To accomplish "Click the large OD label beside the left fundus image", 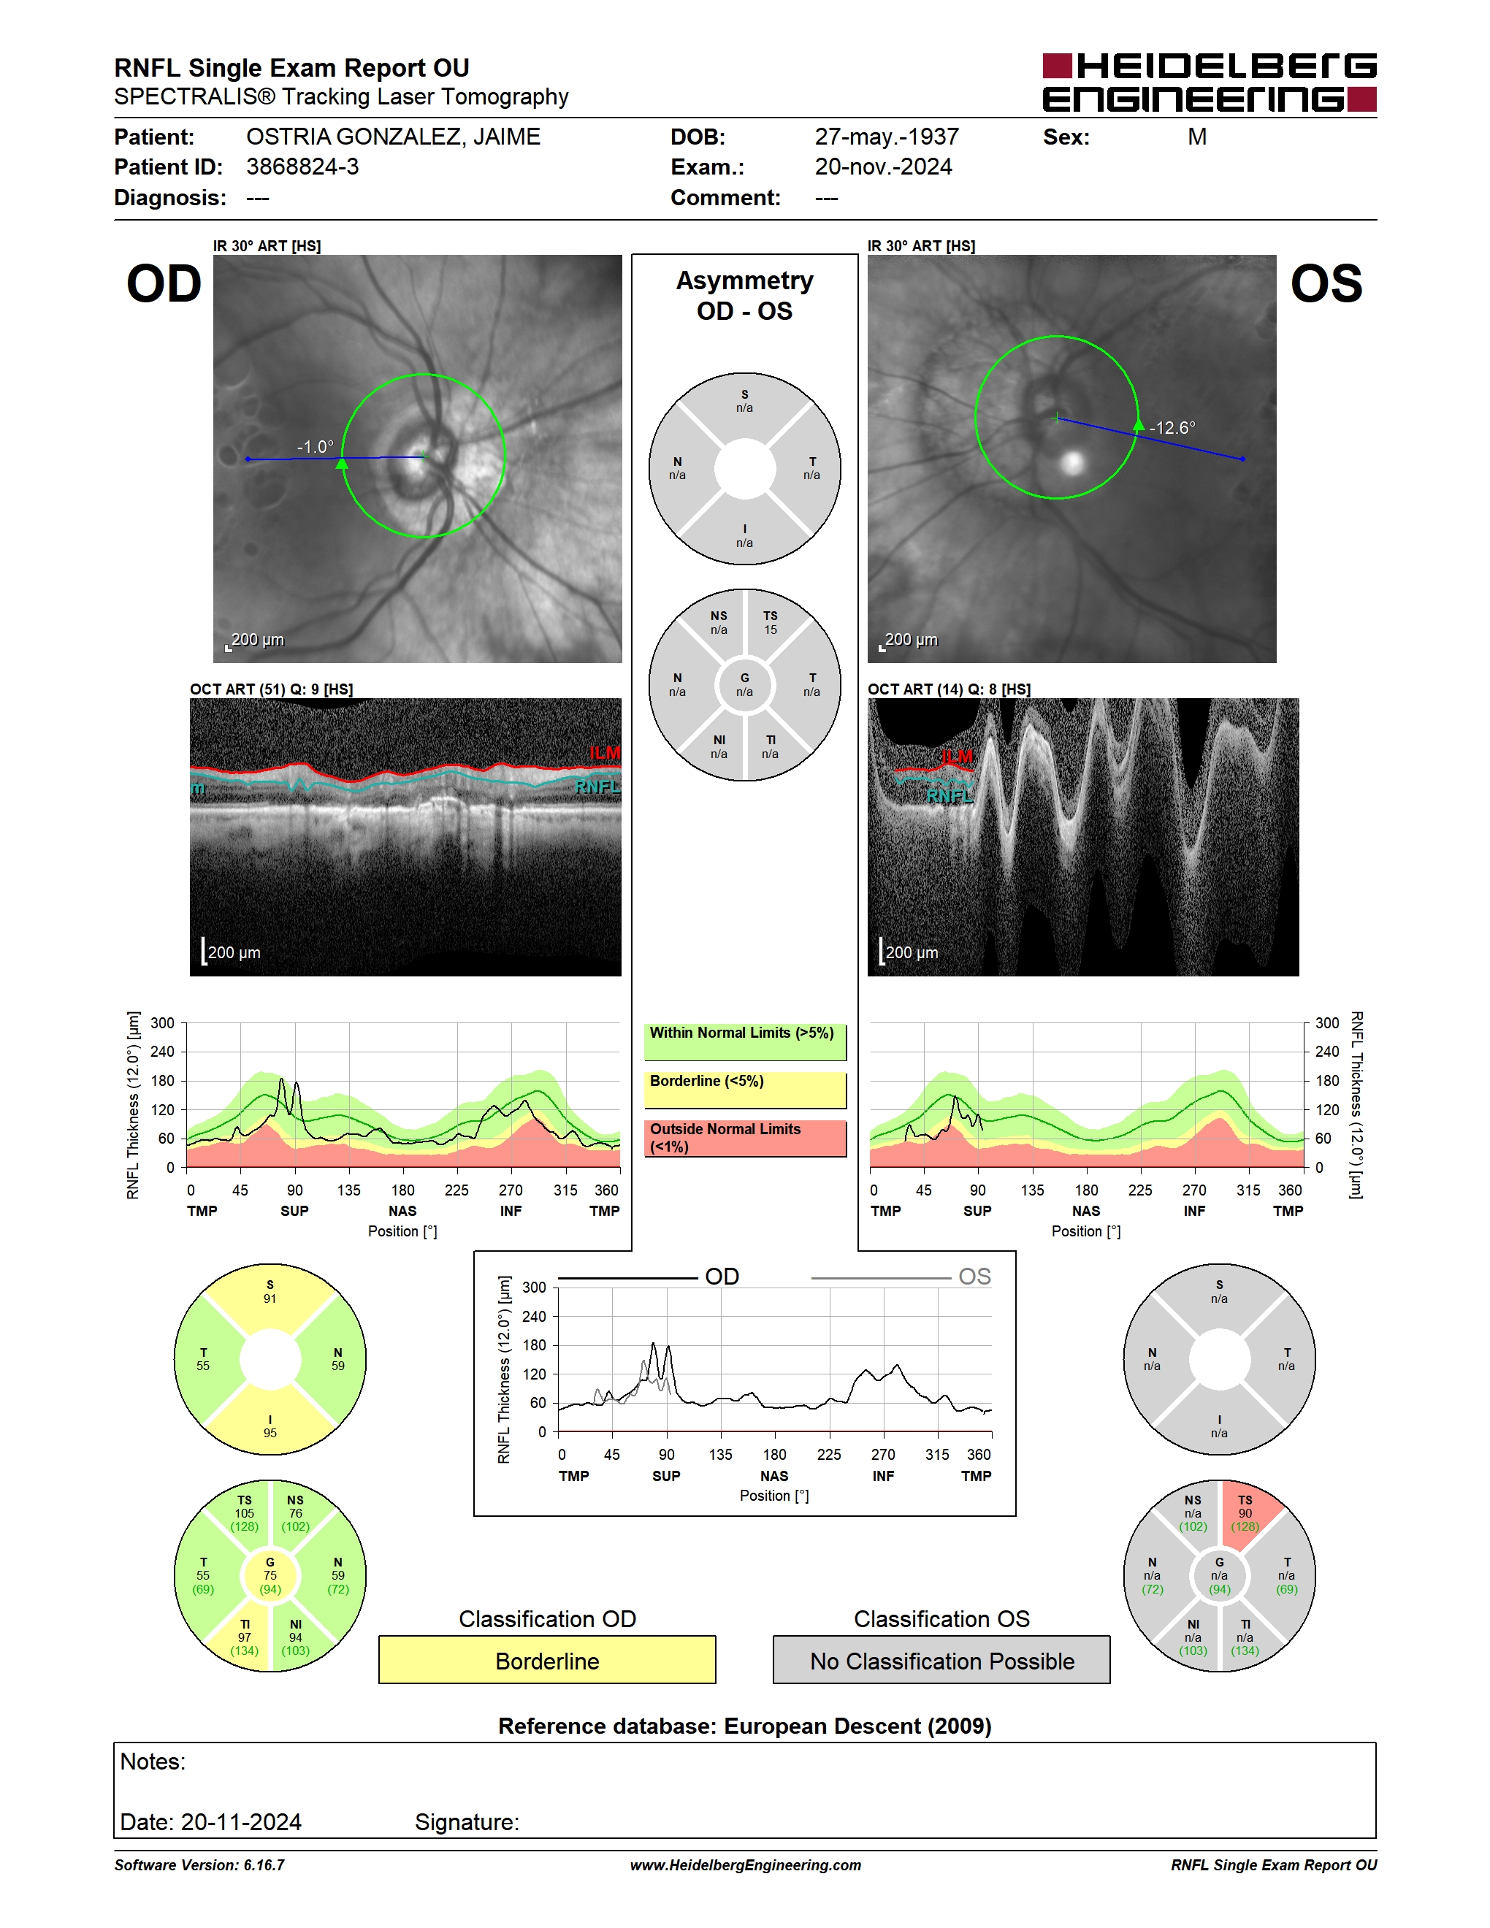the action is [x=164, y=284].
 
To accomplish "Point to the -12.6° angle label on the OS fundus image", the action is [x=1172, y=427].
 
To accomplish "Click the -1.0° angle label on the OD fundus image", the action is [x=315, y=447].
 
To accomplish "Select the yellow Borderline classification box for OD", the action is [x=547, y=1660].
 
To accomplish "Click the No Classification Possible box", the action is [x=942, y=1660].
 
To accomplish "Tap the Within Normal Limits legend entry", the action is [x=745, y=1041].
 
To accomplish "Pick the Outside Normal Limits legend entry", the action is [x=745, y=1138].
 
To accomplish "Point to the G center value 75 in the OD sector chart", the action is [x=270, y=1575].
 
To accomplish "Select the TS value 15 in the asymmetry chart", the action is [x=771, y=630].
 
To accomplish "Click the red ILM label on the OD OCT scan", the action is [x=605, y=752].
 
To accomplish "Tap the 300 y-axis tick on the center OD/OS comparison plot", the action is [x=534, y=1287].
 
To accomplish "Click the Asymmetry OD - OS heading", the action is [x=745, y=296].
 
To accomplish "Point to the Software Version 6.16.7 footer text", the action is [x=199, y=1864].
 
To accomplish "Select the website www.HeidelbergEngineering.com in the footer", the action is [x=745, y=1864].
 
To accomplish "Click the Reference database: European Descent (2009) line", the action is [x=745, y=1726].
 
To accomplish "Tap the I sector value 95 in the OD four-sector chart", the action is [x=270, y=1433].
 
